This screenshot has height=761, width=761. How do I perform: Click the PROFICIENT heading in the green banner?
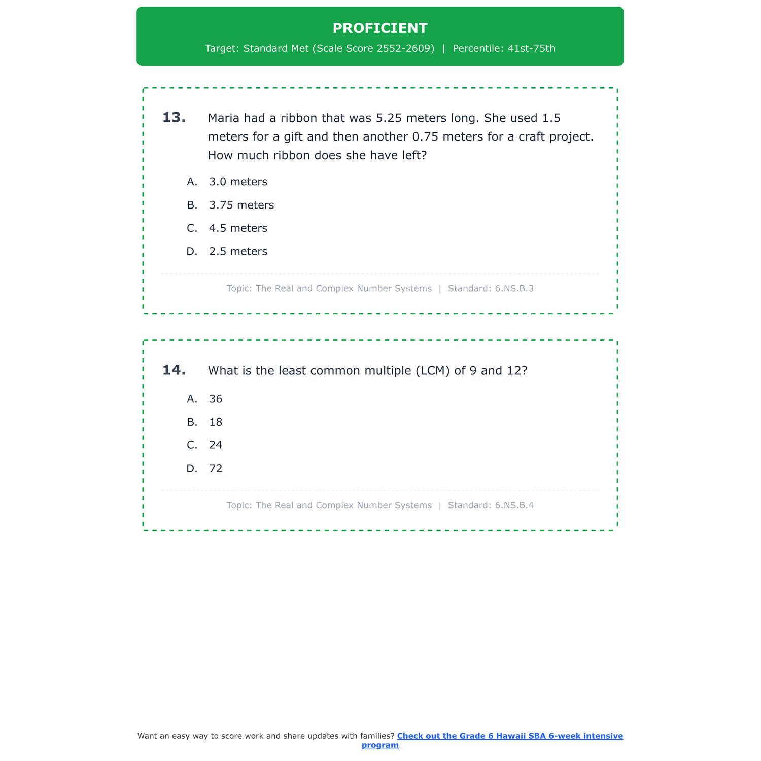(380, 28)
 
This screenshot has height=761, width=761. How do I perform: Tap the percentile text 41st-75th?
(531, 49)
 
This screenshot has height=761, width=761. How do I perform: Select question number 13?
(174, 118)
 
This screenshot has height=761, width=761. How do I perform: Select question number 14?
(174, 370)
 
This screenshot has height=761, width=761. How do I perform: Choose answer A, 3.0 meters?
(238, 182)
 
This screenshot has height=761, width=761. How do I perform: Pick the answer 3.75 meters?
(241, 205)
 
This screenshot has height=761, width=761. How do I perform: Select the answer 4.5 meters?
(238, 228)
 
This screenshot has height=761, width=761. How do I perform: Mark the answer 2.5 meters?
(238, 252)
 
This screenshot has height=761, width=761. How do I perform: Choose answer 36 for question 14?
(216, 399)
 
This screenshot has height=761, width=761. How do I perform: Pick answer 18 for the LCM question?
(216, 422)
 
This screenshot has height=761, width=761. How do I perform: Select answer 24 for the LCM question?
(216, 445)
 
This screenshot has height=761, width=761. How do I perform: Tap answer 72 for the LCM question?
(216, 469)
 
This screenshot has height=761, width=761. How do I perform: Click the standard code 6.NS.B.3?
(514, 289)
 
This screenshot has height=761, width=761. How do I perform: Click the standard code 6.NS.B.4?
(514, 505)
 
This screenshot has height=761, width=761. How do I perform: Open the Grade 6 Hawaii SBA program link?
(509, 736)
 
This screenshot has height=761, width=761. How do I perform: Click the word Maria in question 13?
(223, 118)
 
